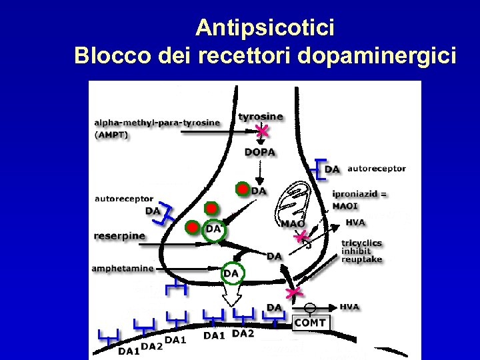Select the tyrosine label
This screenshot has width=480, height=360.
260,116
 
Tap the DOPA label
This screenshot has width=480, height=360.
260,152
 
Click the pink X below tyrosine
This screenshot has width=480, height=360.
263,131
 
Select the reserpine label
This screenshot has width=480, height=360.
120,235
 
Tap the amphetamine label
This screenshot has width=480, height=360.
123,269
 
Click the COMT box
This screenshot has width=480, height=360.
311,323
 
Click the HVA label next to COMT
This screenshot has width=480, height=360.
349,307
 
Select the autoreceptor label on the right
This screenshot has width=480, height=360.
376,169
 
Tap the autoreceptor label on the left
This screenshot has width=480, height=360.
124,199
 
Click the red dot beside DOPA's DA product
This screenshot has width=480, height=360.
243,190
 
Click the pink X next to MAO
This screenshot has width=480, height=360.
303,235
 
